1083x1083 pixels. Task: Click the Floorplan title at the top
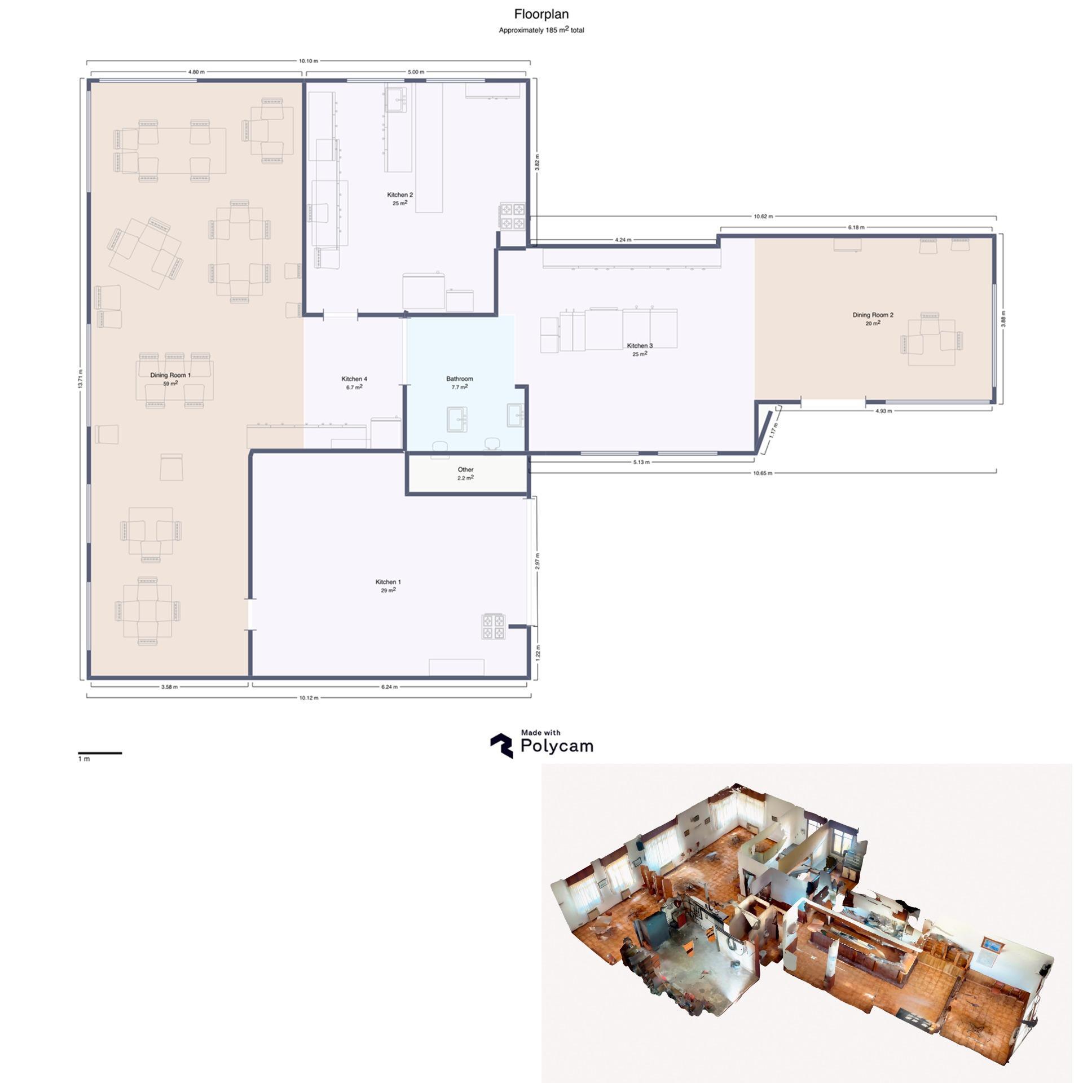point(541,15)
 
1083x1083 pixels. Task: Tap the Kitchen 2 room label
point(400,195)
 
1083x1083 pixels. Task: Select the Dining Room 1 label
point(170,375)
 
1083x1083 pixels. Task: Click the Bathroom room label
point(460,379)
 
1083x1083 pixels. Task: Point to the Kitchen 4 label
point(354,379)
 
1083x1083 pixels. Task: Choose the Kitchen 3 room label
point(640,346)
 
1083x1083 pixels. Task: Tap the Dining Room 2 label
point(873,315)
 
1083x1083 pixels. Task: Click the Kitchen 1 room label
point(388,582)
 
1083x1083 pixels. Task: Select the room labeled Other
point(466,469)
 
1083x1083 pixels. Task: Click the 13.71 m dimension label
point(81,378)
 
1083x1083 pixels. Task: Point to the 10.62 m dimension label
point(763,216)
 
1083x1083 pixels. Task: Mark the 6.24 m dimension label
point(389,687)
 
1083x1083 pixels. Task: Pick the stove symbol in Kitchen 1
point(493,626)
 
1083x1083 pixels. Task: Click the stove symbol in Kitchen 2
point(512,216)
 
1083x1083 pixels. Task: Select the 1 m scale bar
point(100,753)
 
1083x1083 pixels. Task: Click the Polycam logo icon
point(501,746)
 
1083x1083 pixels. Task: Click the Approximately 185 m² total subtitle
point(541,30)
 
